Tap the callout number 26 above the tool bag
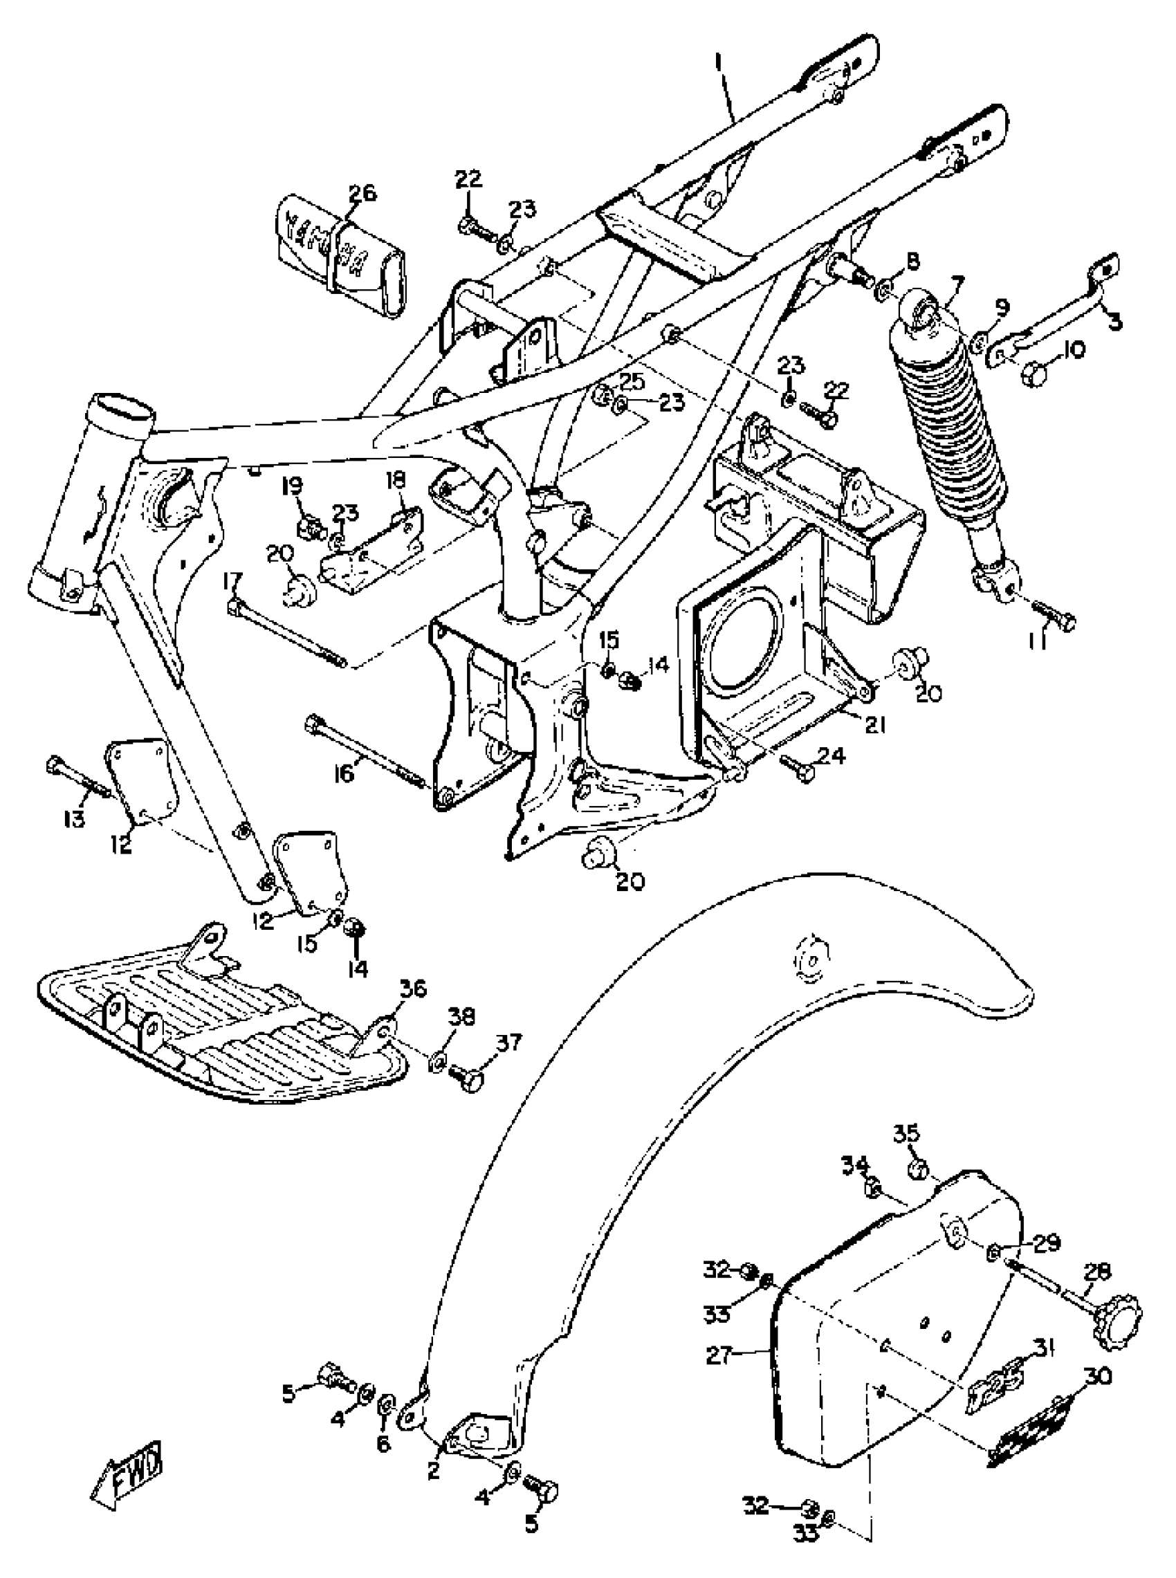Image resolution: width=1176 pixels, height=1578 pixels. point(362,194)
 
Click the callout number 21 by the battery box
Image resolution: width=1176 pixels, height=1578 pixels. point(874,725)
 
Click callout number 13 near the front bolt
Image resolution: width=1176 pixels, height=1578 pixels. point(73,818)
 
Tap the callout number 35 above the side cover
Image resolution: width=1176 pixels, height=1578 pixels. point(906,1132)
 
